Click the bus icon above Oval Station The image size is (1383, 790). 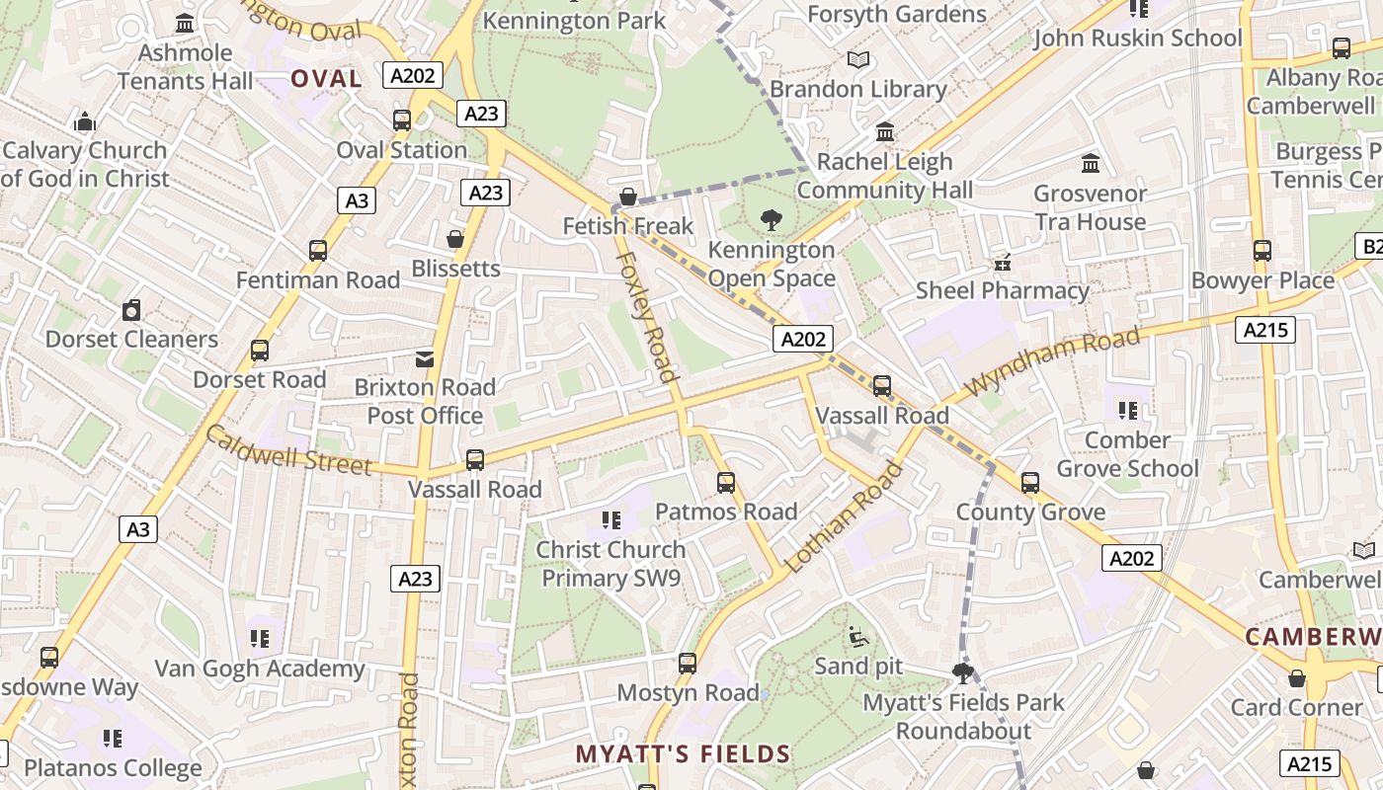401,120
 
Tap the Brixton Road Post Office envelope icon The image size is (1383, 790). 425,358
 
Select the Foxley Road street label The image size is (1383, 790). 648,316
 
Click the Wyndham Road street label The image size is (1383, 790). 1053,361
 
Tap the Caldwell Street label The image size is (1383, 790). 287,450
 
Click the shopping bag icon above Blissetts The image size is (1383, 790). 455,239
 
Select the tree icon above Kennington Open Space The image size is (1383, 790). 772,220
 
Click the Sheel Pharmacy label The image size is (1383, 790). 1002,290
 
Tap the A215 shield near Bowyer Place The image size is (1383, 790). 1264,330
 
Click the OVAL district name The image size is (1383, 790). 326,79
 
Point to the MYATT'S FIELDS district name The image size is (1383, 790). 683,754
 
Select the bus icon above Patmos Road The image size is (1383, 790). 726,482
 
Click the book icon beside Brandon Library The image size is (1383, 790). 858,60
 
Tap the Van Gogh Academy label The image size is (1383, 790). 260,669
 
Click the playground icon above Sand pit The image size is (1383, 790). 858,637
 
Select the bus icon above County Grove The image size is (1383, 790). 1030,483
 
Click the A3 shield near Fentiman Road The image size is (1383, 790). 356,201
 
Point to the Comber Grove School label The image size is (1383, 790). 1127,454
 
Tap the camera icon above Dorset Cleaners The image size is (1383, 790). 131,310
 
